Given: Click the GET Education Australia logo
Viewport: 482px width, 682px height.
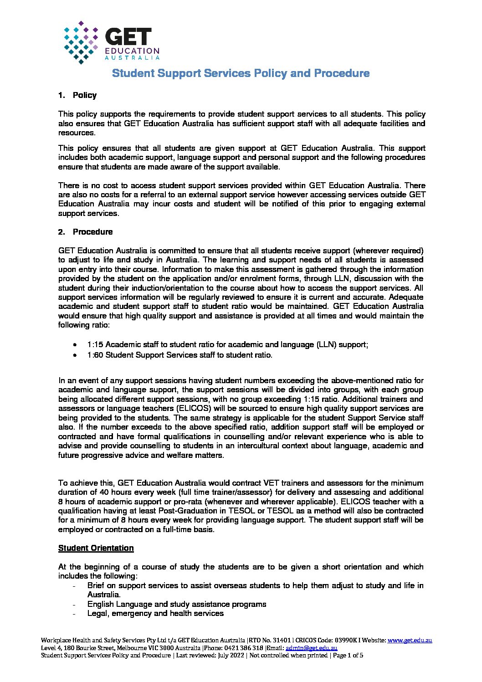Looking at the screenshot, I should coord(112,42).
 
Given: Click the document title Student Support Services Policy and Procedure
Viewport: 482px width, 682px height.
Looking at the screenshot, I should coord(241,73).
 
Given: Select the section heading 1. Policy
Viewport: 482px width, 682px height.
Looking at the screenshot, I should coord(77,95).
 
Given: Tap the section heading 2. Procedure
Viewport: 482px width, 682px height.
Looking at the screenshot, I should coord(85,232).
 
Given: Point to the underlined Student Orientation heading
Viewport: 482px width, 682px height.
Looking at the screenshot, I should coord(96,548).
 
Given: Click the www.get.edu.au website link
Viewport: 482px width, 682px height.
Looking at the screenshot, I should coord(410,641).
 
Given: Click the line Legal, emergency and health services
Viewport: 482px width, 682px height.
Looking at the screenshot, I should coord(155,614).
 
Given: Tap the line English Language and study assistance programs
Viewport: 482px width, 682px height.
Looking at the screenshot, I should coord(177,604).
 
